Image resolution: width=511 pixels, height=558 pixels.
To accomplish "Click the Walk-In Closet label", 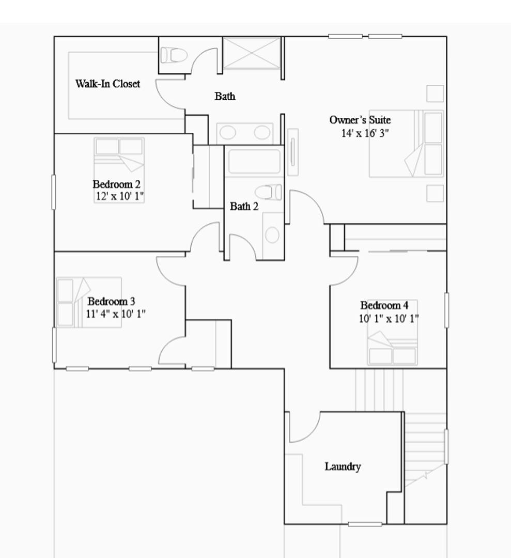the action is pos(107,84).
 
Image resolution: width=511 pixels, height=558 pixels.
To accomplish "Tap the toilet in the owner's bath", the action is pos(174,55).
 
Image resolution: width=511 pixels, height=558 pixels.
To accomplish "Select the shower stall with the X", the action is pos(252,53).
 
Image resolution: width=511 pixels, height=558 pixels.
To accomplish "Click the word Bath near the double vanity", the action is pos(225,96).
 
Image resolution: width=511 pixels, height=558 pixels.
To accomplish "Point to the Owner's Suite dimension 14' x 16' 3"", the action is pos(365,133).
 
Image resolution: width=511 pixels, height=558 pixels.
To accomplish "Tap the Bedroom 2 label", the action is pos(116,184).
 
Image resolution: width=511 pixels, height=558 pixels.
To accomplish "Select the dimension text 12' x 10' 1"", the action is pos(120,196).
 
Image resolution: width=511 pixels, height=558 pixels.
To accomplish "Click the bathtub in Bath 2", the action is pos(254,162).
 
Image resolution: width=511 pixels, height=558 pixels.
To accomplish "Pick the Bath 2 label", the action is pos(244,206).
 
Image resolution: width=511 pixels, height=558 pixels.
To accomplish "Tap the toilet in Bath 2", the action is pos(269,192).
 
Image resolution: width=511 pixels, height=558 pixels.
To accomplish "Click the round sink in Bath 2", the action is pos(272,235).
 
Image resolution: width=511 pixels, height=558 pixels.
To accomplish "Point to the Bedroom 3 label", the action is pos(112,301).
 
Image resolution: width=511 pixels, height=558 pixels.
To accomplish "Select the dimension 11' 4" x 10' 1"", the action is pos(116,314).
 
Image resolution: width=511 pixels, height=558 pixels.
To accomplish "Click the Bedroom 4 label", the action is pos(384,305).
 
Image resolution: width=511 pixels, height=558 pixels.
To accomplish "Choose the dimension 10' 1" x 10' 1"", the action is pos(389,318).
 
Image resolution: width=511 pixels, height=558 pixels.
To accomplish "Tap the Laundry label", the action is pos(343,467).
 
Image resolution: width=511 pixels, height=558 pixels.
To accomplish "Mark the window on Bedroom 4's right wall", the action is pos(446,310).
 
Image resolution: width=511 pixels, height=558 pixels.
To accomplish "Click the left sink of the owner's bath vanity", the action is pos(228,133).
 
